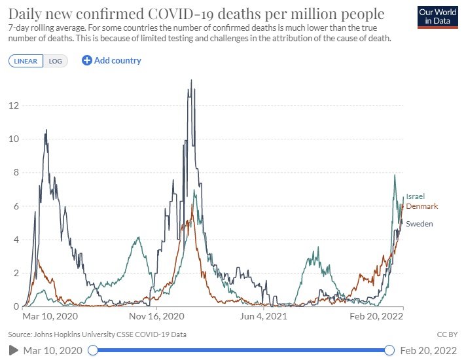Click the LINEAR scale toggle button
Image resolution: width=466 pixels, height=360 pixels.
coord(26,61)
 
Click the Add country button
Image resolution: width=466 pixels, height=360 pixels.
coord(111,60)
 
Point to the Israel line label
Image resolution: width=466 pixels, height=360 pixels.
coord(415,196)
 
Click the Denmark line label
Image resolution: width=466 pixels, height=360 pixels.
coord(421,206)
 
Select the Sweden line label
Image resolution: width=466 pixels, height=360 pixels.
coord(420,224)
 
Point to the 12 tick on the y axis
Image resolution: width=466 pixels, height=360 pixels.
coord(13,105)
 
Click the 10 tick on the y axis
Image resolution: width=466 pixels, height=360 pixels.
coord(13,139)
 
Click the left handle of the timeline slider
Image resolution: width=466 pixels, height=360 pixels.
coord(93,350)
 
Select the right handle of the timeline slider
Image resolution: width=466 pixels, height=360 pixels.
coord(390,350)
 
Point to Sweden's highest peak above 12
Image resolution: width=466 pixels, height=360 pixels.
coord(191,81)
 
